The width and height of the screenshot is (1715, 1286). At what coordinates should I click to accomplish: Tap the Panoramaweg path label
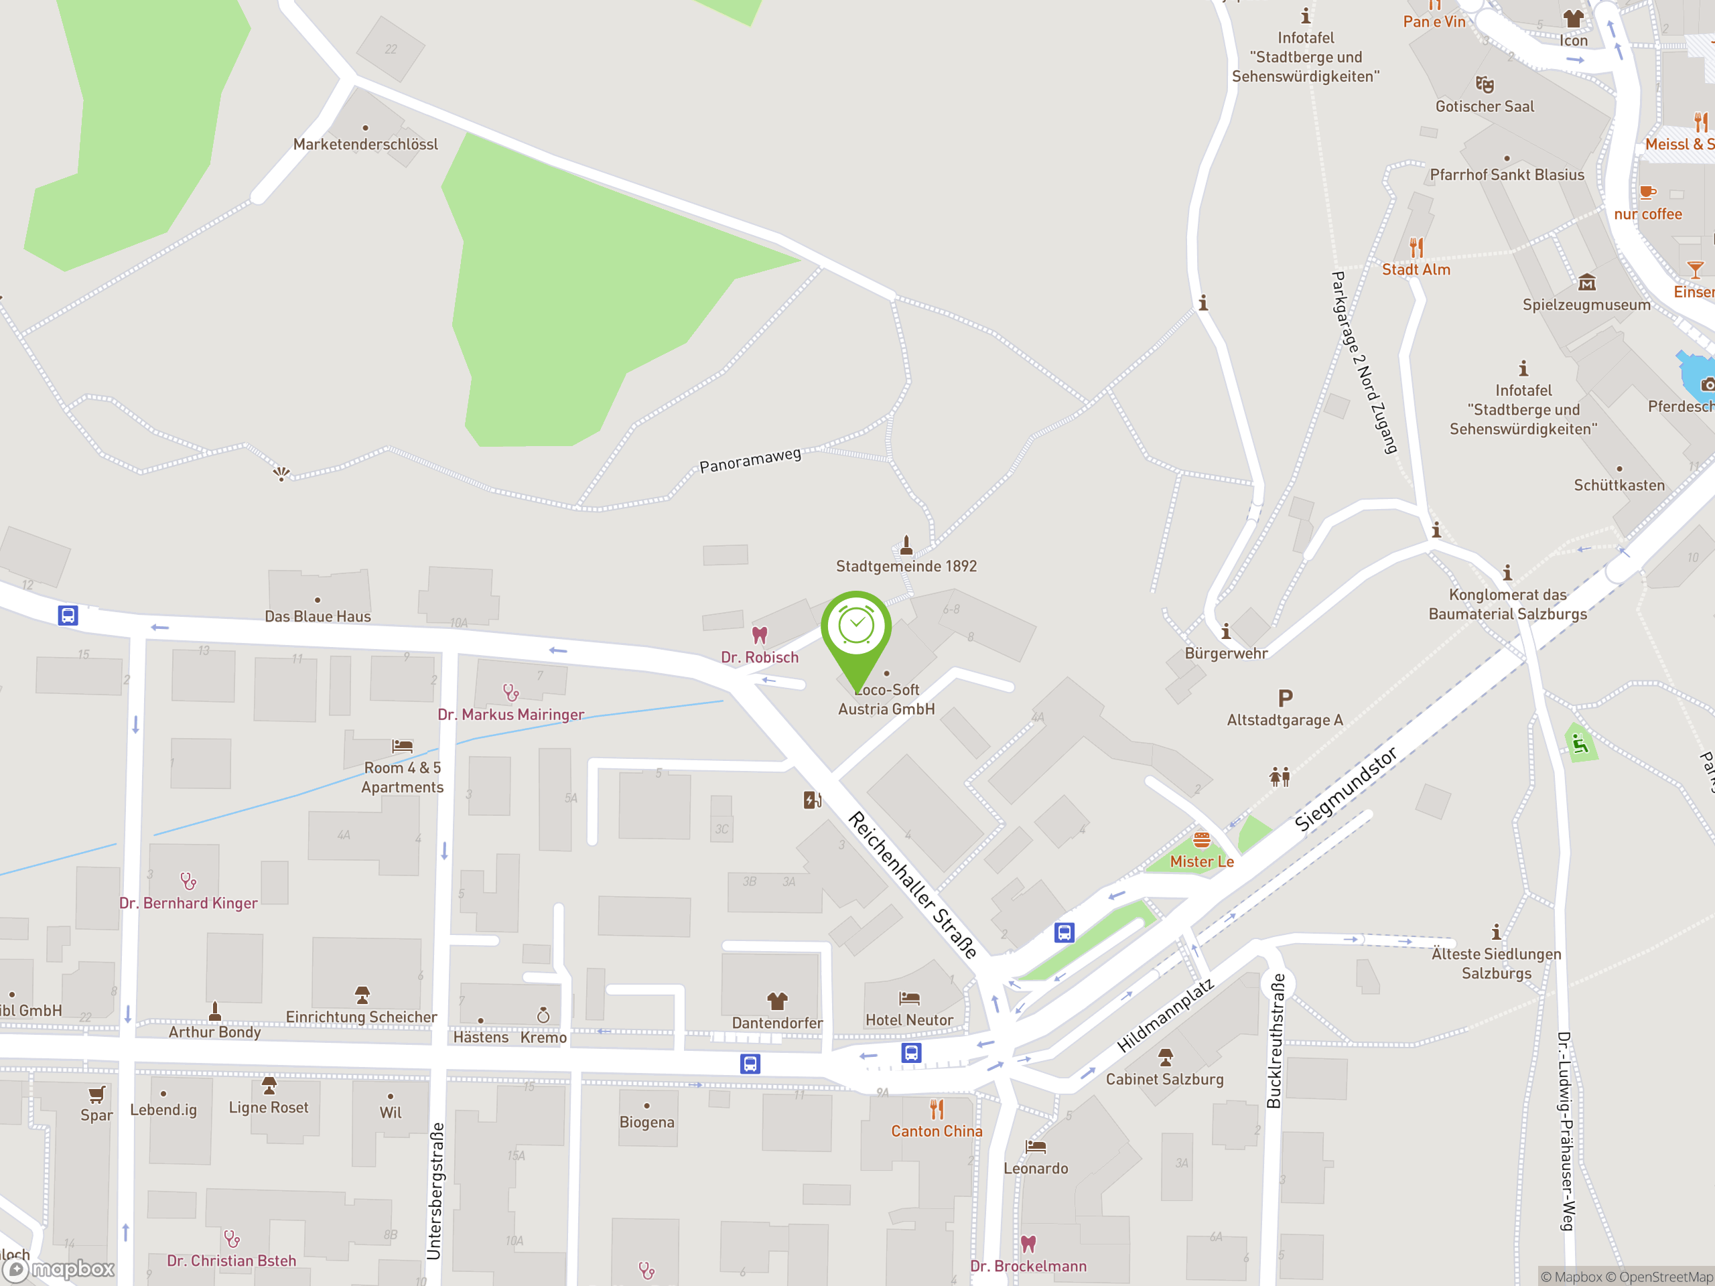750,460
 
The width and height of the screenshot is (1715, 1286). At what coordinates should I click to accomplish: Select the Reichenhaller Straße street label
912,885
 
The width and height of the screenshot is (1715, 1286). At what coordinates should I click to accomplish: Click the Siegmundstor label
1345,789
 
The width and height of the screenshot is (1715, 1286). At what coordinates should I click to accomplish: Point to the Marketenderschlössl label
365,144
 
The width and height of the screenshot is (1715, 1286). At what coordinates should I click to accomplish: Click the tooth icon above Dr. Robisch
760,635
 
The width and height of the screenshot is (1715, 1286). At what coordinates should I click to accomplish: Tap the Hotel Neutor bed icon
908,999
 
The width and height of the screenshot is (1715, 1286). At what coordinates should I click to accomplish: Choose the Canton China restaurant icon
937,1110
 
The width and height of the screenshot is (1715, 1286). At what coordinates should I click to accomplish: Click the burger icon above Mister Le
1201,839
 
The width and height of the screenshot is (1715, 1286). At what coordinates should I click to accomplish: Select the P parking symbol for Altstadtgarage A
1285,699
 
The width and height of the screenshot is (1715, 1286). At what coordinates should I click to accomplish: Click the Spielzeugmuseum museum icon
1586,282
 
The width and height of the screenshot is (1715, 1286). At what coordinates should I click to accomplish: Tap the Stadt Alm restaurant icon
1416,248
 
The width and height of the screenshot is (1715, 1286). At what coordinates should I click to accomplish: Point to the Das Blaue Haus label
318,616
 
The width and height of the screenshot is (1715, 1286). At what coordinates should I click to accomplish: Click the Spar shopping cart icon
96,1094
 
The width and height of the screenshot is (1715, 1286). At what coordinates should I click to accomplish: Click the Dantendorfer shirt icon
777,1001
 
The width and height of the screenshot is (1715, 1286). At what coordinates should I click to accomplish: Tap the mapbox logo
60,1269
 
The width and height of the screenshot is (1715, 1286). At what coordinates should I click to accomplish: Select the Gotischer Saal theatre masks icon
1484,84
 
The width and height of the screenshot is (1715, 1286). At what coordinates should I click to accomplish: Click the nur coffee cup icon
1647,192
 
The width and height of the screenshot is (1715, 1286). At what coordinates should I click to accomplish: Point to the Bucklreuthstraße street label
1274,1041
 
